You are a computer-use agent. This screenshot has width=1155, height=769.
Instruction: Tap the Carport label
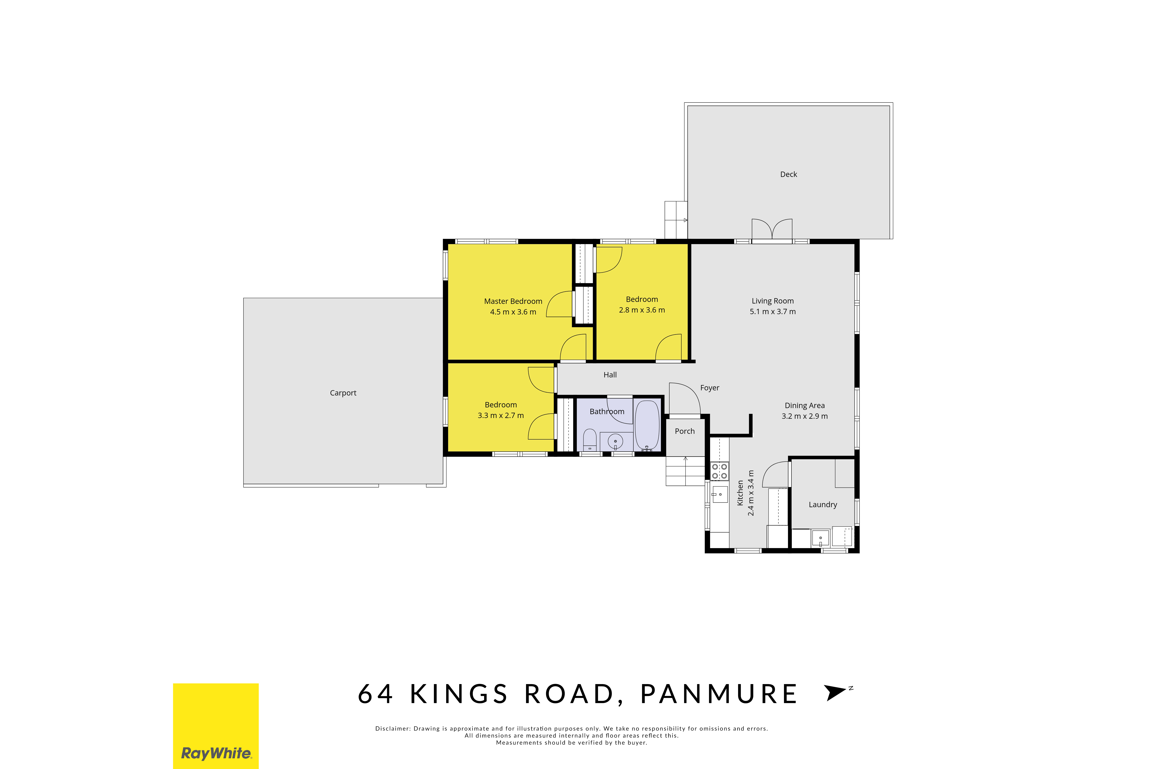coord(343,393)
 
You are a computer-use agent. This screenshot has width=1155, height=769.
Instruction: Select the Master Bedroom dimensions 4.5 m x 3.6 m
coord(513,312)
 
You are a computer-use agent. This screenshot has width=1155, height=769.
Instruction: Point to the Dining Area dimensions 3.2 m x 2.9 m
coord(804,416)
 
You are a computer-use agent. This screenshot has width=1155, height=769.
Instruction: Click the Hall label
coord(610,375)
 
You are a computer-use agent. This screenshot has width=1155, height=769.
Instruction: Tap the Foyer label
coord(710,388)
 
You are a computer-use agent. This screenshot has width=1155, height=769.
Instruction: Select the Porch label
coord(685,431)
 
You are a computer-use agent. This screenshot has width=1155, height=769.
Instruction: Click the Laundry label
coord(823,505)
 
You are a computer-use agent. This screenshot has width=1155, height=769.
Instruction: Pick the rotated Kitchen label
coord(740,493)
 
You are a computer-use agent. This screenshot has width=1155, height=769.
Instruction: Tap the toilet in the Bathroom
coord(590,440)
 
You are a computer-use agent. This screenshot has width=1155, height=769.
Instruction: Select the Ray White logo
coord(216,726)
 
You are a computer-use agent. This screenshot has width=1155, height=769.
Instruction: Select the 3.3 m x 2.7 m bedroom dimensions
coord(501,415)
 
